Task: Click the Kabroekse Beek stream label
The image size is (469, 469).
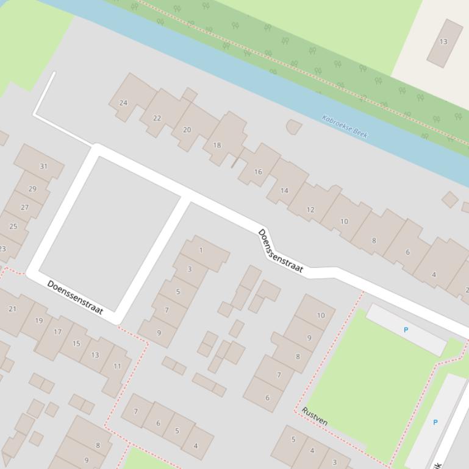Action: tap(345, 126)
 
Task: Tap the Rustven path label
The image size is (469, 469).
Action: tap(315, 417)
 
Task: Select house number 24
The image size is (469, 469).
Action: tap(123, 102)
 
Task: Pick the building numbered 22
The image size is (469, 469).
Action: tap(157, 118)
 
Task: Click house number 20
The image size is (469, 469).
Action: tap(187, 130)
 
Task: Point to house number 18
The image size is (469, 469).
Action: tap(217, 145)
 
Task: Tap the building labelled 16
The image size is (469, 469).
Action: tap(258, 172)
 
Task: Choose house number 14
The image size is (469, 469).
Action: tap(284, 191)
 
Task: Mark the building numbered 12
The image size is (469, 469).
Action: tap(310, 210)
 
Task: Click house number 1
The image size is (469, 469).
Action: tap(201, 250)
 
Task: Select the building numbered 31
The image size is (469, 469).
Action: tap(43, 166)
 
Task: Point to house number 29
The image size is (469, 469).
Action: tap(32, 188)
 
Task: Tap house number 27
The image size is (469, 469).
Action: tap(24, 207)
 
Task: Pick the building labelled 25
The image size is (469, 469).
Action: tap(13, 226)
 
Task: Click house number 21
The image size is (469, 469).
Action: tap(12, 309)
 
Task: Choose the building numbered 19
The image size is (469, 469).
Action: tap(39, 320)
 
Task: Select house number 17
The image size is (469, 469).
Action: tap(57, 332)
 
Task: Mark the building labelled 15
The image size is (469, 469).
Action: tap(76, 344)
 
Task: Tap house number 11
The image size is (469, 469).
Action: tap(117, 366)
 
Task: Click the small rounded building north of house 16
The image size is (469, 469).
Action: tap(293, 127)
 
